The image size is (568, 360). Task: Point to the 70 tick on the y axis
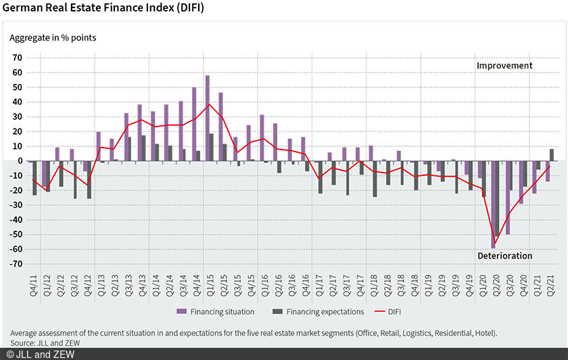click(18, 58)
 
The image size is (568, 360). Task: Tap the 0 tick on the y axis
click(21, 161)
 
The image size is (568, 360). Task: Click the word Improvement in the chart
click(504, 66)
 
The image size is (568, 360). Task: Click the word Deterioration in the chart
click(504, 256)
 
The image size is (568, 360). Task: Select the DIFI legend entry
click(393, 312)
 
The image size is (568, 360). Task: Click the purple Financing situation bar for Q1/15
click(208, 118)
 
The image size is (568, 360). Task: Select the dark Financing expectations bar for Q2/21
click(552, 155)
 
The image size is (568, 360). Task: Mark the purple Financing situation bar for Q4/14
click(194, 124)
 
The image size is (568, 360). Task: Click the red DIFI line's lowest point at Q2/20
click(495, 244)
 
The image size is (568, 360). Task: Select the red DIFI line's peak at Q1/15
click(210, 104)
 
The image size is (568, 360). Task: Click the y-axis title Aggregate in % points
click(53, 37)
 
